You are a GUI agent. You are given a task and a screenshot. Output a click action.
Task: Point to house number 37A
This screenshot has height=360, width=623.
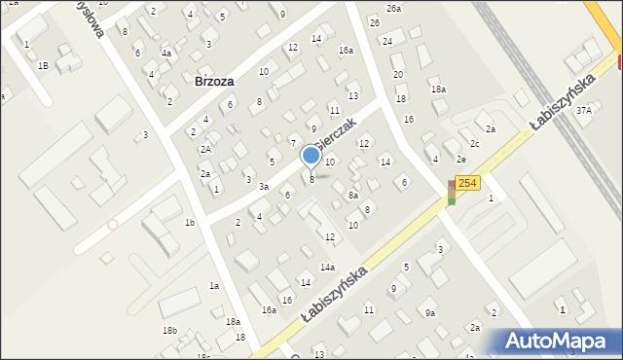point(583,111)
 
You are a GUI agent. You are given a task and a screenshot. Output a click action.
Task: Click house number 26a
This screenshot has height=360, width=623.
point(392,8)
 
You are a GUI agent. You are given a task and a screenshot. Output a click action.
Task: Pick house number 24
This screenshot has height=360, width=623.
point(386,41)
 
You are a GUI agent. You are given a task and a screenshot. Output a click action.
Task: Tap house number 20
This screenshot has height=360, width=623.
point(397,74)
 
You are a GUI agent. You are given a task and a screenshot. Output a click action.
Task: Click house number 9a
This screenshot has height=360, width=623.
point(429,312)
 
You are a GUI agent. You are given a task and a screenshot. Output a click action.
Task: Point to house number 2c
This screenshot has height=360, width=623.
point(474,144)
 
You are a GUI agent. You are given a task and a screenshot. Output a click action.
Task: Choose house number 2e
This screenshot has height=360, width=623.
point(461,159)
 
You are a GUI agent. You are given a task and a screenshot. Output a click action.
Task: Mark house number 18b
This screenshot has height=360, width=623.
point(169,331)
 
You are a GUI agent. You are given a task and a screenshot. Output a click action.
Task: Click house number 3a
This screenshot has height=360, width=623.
point(263,186)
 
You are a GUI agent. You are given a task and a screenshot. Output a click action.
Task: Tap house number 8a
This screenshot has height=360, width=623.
point(353,195)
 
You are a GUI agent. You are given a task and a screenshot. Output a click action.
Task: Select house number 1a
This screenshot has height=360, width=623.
point(213,285)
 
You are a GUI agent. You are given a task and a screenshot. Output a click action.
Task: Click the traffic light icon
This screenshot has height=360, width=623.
point(451,193)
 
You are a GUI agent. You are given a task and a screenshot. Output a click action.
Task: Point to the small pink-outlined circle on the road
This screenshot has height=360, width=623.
point(112,225)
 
